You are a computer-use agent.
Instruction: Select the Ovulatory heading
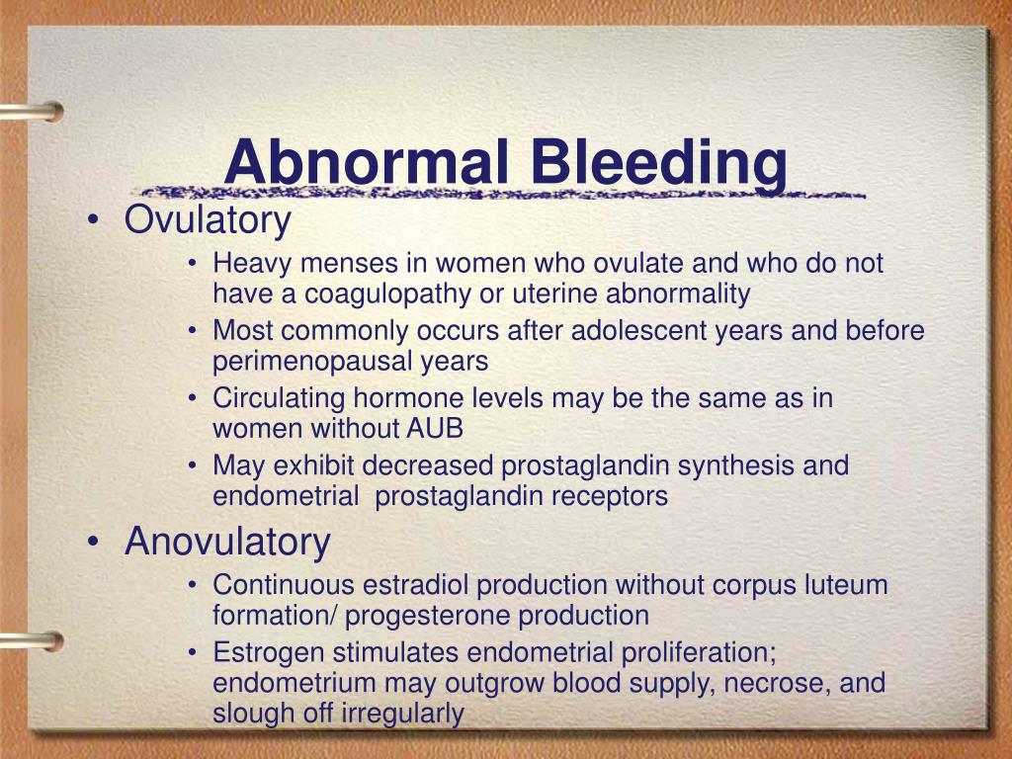click(208, 220)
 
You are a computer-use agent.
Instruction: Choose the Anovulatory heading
click(227, 542)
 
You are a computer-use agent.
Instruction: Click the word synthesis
click(734, 464)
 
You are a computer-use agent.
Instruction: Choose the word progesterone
click(428, 616)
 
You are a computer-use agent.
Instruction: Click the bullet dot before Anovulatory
click(92, 543)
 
